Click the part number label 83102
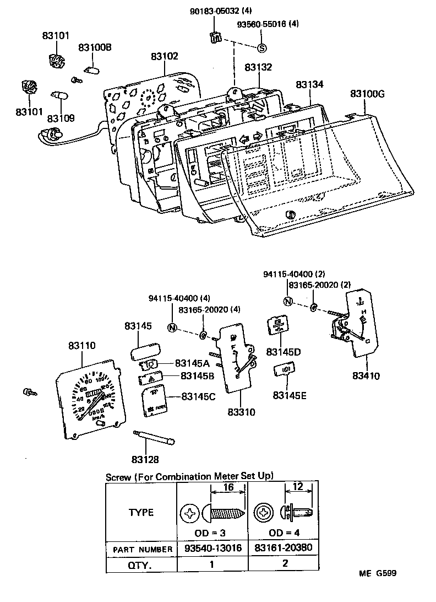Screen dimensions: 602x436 pyautogui.click(x=165, y=57)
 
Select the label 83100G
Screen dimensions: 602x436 pyautogui.click(x=367, y=94)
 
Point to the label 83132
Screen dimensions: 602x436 pyautogui.click(x=258, y=67)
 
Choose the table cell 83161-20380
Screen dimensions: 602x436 pyautogui.click(x=285, y=549)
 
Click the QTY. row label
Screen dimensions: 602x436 pyautogui.click(x=140, y=565)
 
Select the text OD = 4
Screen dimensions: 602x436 pyautogui.click(x=285, y=534)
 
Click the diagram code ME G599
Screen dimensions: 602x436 pyautogui.click(x=378, y=573)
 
